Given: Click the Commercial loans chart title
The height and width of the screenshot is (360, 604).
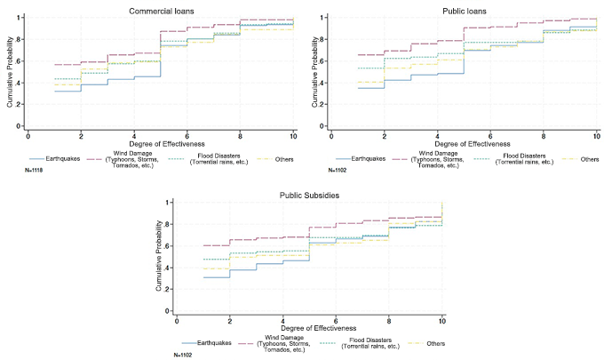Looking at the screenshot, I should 157,9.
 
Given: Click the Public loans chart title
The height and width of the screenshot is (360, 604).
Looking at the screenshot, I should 462,9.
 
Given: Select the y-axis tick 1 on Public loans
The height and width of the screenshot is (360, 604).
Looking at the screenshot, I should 325,18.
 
